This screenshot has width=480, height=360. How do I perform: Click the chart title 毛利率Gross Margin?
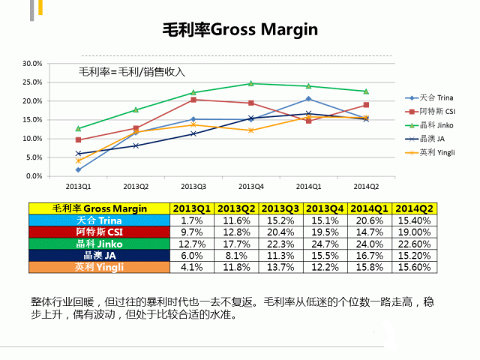point(240,29)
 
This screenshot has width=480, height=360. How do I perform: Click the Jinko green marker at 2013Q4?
point(251,83)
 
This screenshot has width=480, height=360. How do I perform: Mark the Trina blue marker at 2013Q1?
point(79,169)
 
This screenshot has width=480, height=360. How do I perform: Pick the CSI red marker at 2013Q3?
point(193,100)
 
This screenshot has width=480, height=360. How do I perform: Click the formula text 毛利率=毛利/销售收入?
point(132,73)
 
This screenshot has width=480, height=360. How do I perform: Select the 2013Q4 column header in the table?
point(325,208)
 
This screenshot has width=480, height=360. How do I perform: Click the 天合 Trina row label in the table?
point(100,220)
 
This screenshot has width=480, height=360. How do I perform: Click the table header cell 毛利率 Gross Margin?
point(100,208)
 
